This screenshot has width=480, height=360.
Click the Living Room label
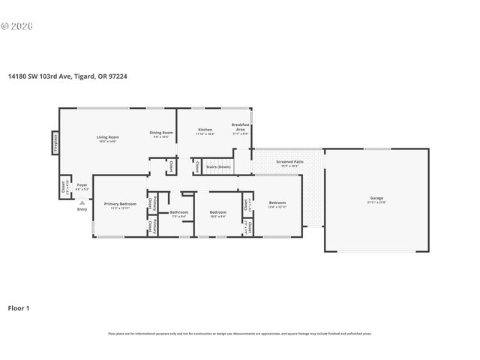click(x=108, y=137)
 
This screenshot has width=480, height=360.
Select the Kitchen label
click(x=205, y=130)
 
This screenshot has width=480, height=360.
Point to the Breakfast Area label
click(x=240, y=127)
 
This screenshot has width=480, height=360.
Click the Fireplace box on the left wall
click(x=55, y=143)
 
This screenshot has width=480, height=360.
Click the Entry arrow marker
click(x=82, y=202)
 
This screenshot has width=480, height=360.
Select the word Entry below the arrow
click(x=82, y=209)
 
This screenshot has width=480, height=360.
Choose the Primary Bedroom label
click(x=120, y=204)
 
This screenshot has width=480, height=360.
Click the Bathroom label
click(x=178, y=212)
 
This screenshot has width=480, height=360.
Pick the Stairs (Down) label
click(x=218, y=166)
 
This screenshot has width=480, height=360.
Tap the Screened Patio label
click(x=289, y=161)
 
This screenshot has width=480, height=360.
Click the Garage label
click(x=376, y=199)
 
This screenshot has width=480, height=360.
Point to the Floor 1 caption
click(x=19, y=308)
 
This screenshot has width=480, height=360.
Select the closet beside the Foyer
click(x=62, y=186)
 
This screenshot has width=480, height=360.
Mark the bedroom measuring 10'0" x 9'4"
click(x=217, y=213)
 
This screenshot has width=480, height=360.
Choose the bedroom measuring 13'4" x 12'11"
click(x=277, y=203)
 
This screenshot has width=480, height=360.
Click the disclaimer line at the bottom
click(x=240, y=332)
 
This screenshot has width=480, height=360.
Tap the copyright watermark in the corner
click(x=17, y=25)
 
